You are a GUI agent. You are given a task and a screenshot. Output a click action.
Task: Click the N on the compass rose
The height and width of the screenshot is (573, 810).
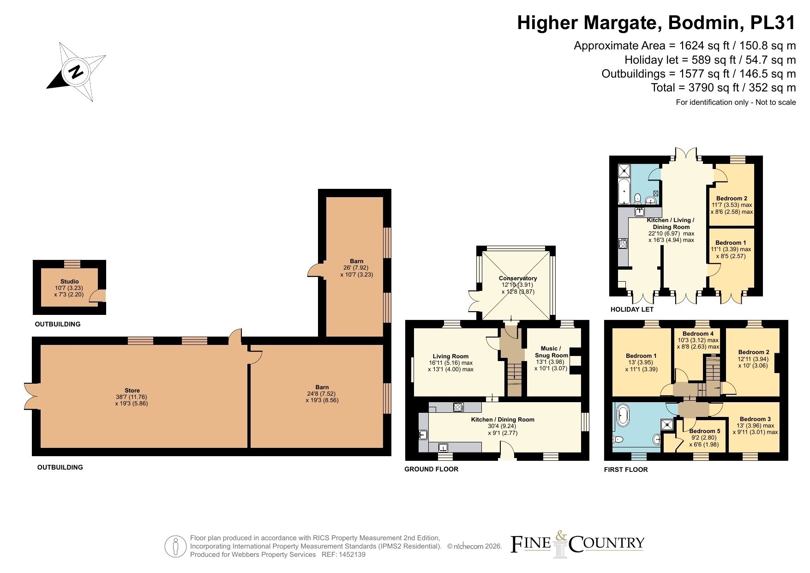76,72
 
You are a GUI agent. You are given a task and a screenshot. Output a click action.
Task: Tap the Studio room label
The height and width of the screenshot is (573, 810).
70,281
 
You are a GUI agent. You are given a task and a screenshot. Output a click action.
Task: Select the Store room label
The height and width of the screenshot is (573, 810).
132,390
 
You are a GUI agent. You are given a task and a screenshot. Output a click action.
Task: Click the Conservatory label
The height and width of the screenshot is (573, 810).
518,278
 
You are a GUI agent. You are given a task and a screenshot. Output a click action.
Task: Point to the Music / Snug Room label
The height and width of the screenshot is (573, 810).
551,352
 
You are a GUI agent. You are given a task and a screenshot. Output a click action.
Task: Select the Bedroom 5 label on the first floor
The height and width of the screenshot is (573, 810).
705,431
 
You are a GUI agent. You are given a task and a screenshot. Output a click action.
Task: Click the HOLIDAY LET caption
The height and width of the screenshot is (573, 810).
632,309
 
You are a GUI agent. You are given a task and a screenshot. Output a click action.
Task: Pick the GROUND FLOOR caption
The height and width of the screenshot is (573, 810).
431,469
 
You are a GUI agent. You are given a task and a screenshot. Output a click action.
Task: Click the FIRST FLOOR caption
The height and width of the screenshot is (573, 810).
626,470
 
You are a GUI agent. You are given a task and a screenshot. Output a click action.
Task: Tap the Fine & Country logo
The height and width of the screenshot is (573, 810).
577,544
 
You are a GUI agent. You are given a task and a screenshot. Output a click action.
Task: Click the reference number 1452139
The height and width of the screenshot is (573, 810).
352,555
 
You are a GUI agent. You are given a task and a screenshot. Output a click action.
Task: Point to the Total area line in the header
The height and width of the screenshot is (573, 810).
723,87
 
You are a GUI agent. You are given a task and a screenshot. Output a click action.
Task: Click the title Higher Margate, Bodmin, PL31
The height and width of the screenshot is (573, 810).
656,23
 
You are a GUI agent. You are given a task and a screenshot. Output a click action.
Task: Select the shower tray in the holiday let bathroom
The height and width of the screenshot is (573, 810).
624,171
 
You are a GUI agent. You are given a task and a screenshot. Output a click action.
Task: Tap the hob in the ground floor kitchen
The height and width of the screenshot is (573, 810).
458,407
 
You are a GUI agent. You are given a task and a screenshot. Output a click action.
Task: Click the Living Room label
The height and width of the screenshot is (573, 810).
450,356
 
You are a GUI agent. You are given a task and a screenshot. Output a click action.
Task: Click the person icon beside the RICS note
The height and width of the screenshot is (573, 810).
175,547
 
